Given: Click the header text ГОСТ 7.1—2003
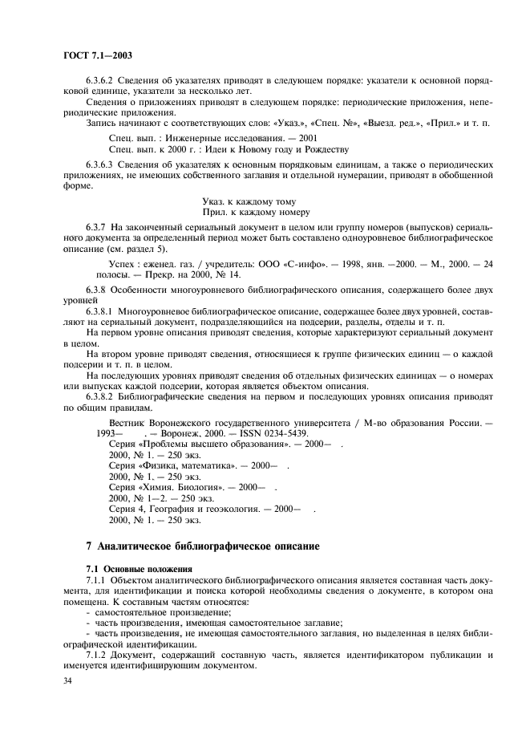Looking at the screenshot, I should pyautogui.click(x=97, y=55).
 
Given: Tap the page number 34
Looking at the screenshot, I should pyautogui.click(x=68, y=680).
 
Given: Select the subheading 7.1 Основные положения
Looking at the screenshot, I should pyautogui.click(x=127, y=568).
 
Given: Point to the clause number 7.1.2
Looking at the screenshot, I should pyautogui.click(x=97, y=655).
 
